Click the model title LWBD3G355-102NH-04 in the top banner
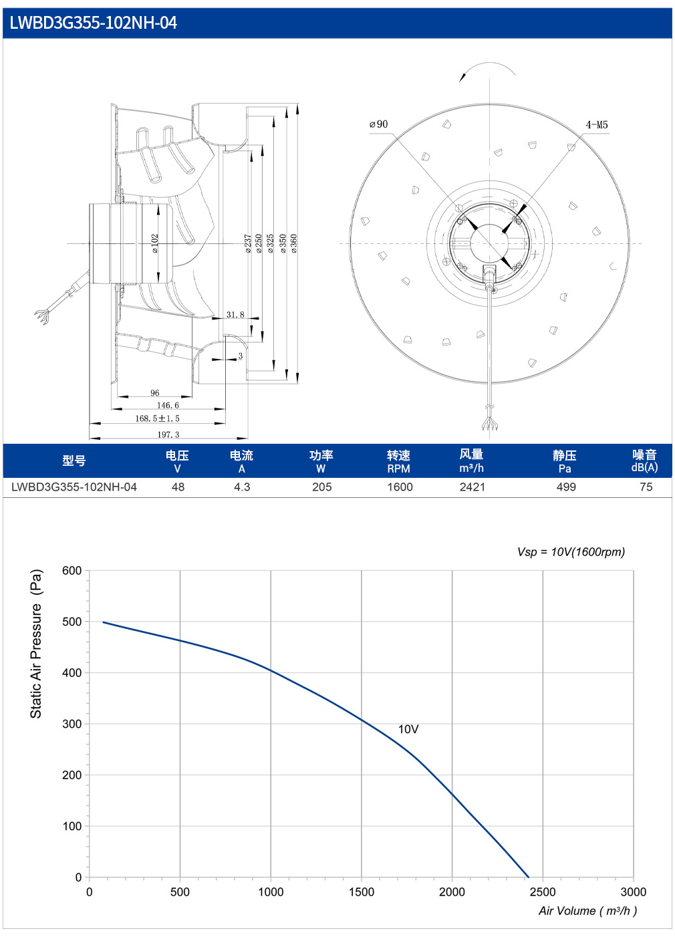coord(93,23)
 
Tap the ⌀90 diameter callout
coord(378,124)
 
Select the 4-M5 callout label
coord(597,124)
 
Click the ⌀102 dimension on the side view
coord(154,243)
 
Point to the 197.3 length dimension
coord(168,434)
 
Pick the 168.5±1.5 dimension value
coord(157,418)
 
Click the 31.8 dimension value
coord(235,314)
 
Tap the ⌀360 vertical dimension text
coord(294,243)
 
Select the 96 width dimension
coord(154,393)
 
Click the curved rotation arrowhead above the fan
coord(462,77)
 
